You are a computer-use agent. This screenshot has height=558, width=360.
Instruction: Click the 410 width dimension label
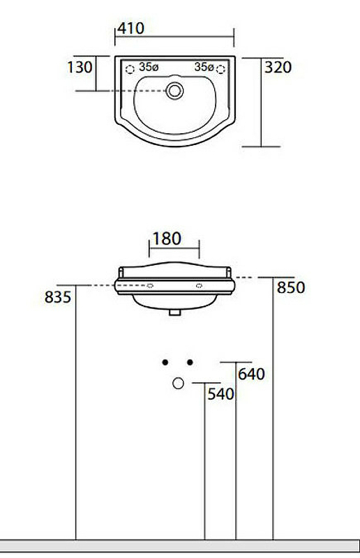(131, 28)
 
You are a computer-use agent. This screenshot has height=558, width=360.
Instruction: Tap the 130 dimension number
(80, 67)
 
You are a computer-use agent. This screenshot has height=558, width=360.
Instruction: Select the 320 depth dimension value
(278, 67)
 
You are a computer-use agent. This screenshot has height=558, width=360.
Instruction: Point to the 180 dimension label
(167, 239)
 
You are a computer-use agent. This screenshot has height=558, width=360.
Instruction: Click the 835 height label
(58, 297)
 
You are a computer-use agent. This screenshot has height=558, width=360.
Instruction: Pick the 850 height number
(291, 287)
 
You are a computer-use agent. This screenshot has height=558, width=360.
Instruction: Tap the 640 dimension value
(251, 374)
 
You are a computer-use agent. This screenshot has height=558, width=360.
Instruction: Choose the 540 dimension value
(220, 394)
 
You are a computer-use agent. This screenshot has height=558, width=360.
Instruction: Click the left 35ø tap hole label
(149, 66)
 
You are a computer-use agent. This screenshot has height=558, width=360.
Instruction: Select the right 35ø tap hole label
(204, 66)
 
